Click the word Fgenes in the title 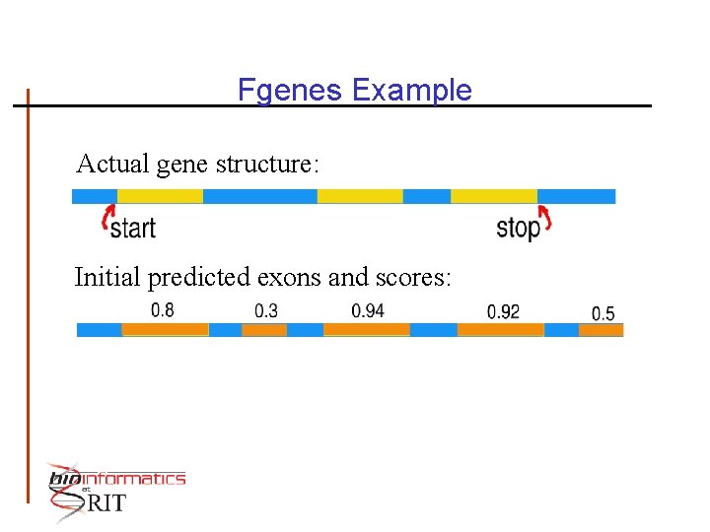[291, 91]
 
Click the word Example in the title [411, 91]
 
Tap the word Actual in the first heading [111, 164]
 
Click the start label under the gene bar [133, 229]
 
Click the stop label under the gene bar [518, 229]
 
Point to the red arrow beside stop [544, 218]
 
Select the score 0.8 [163, 310]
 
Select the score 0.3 [266, 311]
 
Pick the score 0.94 [368, 311]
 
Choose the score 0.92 [503, 312]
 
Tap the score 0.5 [603, 314]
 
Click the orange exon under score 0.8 [165, 329]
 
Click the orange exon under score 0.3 [264, 329]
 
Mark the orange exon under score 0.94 [366, 329]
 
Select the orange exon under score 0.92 [500, 329]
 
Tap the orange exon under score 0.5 [601, 329]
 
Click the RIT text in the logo [106, 503]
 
